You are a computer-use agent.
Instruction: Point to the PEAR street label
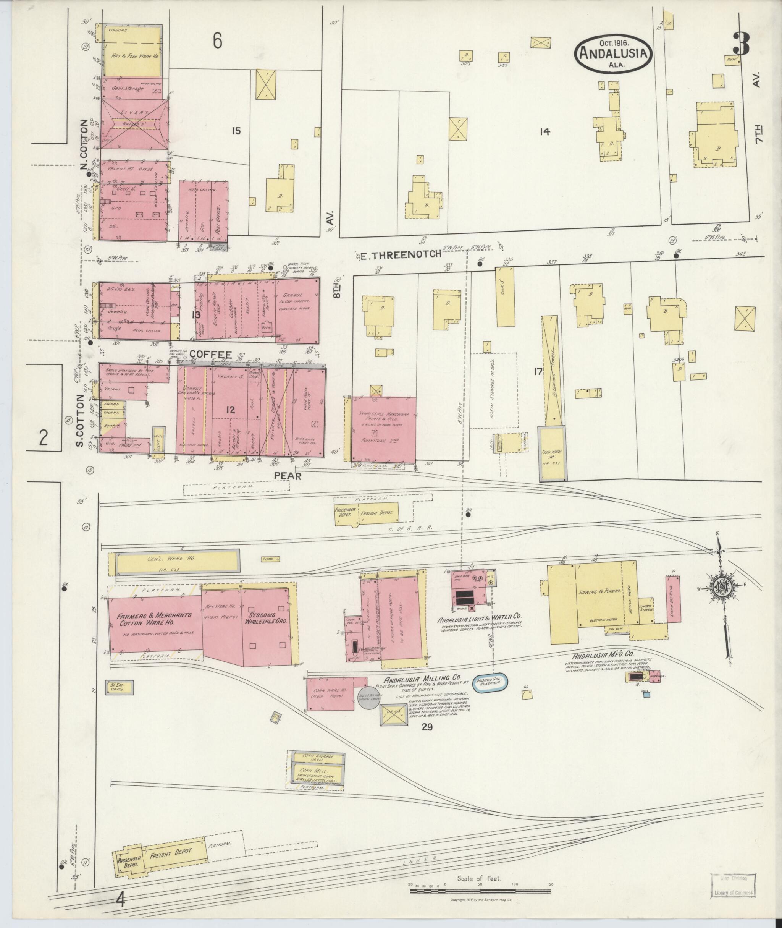(288, 476)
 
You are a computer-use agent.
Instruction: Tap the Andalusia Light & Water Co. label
(479, 617)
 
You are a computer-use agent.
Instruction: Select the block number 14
(545, 131)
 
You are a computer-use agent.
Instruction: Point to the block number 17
(538, 371)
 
